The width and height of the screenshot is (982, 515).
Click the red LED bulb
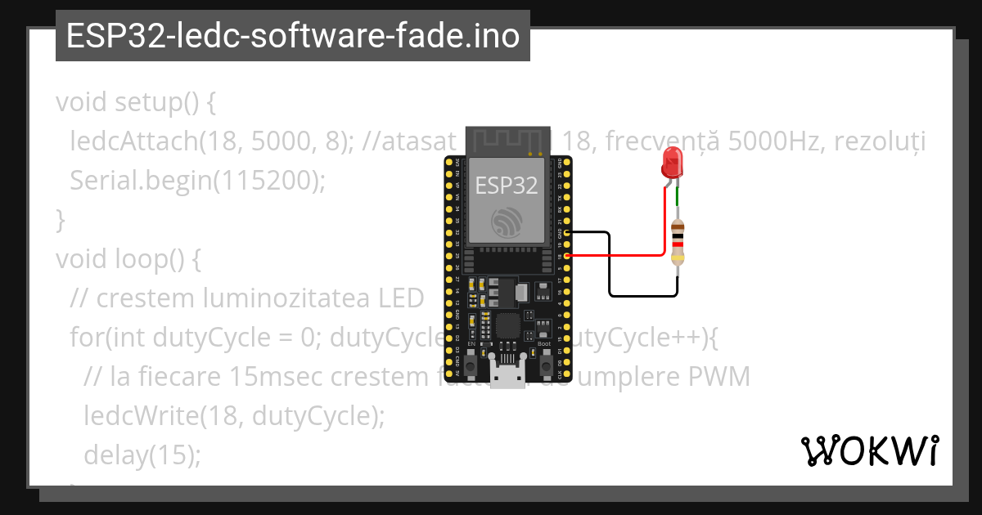[x=673, y=163]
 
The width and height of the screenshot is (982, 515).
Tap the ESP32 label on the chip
[x=507, y=186]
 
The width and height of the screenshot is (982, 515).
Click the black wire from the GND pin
[x=610, y=270]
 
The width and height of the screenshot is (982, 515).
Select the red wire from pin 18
[x=622, y=255]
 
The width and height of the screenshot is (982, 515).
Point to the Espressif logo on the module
[x=507, y=222]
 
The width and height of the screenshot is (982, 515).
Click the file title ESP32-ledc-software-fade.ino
[x=292, y=36]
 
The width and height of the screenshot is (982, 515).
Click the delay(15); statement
[x=142, y=455]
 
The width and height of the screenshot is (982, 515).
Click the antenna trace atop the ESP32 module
[x=506, y=140]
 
